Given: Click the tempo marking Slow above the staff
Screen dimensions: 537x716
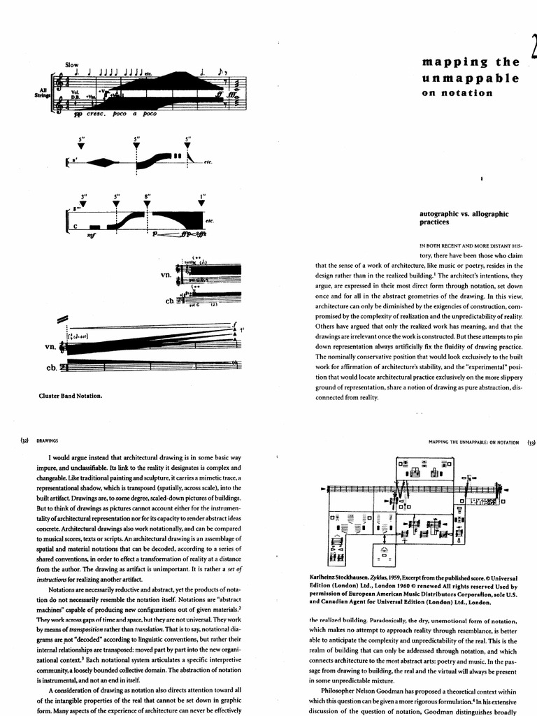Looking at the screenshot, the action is pyautogui.click(x=72, y=64).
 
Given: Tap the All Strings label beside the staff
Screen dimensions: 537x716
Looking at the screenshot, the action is pyautogui.click(x=43, y=92).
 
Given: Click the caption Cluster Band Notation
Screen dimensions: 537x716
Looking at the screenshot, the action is pyautogui.click(x=71, y=395).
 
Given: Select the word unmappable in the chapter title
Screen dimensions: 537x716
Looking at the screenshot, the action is pyautogui.click(x=470, y=78).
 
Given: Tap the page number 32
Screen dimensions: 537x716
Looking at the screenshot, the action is pyautogui.click(x=24, y=441).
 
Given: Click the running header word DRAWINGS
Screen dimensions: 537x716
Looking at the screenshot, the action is pyautogui.click(x=48, y=441).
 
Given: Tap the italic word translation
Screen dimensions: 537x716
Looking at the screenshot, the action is pyautogui.click(x=141, y=629).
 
